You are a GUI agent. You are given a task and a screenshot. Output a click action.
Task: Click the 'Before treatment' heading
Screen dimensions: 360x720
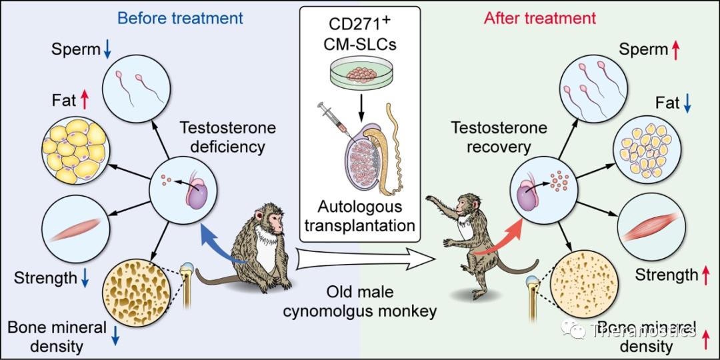pos(180,18)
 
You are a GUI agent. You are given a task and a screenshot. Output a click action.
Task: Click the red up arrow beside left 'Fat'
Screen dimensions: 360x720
pos(84,101)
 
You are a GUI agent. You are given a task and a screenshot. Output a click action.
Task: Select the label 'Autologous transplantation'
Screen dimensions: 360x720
pos(359,216)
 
